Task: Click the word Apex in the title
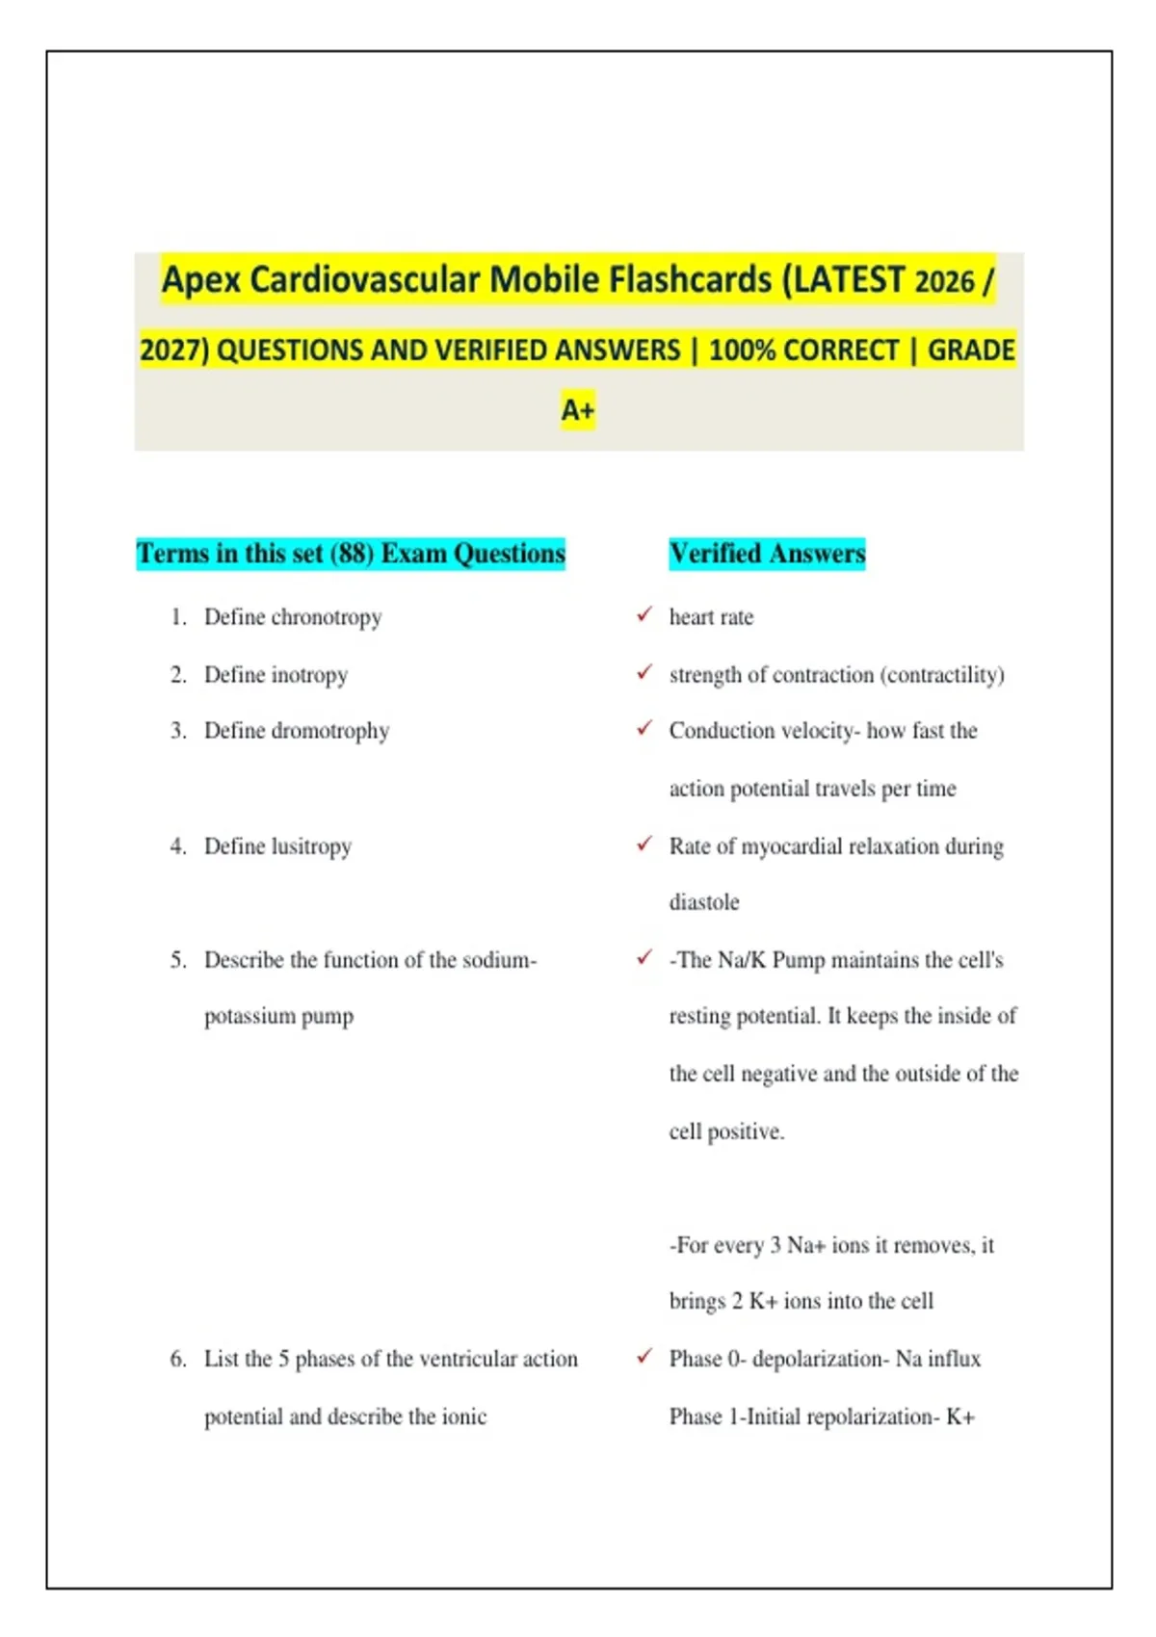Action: (x=200, y=280)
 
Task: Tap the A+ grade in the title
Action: (x=578, y=409)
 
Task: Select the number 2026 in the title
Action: (x=944, y=280)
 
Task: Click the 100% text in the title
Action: (x=742, y=351)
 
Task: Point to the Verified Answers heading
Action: (x=767, y=554)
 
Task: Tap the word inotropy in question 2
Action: (x=309, y=674)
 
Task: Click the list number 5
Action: (x=178, y=959)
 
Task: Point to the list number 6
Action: (x=178, y=1359)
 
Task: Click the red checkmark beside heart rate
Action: (x=644, y=614)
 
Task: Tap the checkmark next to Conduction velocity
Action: (x=644, y=728)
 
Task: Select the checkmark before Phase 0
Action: (x=644, y=1356)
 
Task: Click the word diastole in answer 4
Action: (x=704, y=902)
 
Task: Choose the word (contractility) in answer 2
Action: (x=942, y=674)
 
